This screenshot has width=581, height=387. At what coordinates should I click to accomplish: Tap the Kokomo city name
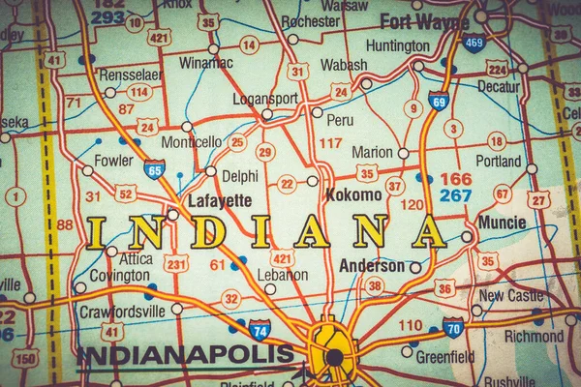pos(353,194)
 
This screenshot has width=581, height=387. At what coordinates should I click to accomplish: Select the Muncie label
pos(502,223)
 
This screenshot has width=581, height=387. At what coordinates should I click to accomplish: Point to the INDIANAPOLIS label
pos(185,354)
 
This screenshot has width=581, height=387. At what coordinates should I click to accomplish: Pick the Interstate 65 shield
pos(154,169)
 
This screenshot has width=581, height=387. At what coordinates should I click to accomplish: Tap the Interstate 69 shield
pos(438,101)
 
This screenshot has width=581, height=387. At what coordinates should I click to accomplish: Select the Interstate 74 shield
pos(260,330)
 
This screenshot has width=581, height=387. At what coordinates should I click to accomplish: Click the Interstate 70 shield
pos(453,327)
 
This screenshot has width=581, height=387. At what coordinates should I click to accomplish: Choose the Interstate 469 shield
pos(474,43)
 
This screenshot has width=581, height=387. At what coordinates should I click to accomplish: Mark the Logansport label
pos(265,98)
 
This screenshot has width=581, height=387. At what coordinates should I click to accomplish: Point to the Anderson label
pos(372,265)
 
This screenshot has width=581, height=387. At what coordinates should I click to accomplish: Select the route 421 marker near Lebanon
pos(282,257)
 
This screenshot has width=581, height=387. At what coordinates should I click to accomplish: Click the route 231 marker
pos(175,263)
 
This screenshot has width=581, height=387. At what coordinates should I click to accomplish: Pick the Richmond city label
pos(534,337)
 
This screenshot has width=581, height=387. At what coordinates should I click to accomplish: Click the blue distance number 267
pos(455,195)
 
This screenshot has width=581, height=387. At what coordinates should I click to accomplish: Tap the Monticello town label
pos(191,142)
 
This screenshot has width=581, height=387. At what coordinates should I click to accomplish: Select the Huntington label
pos(398,45)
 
